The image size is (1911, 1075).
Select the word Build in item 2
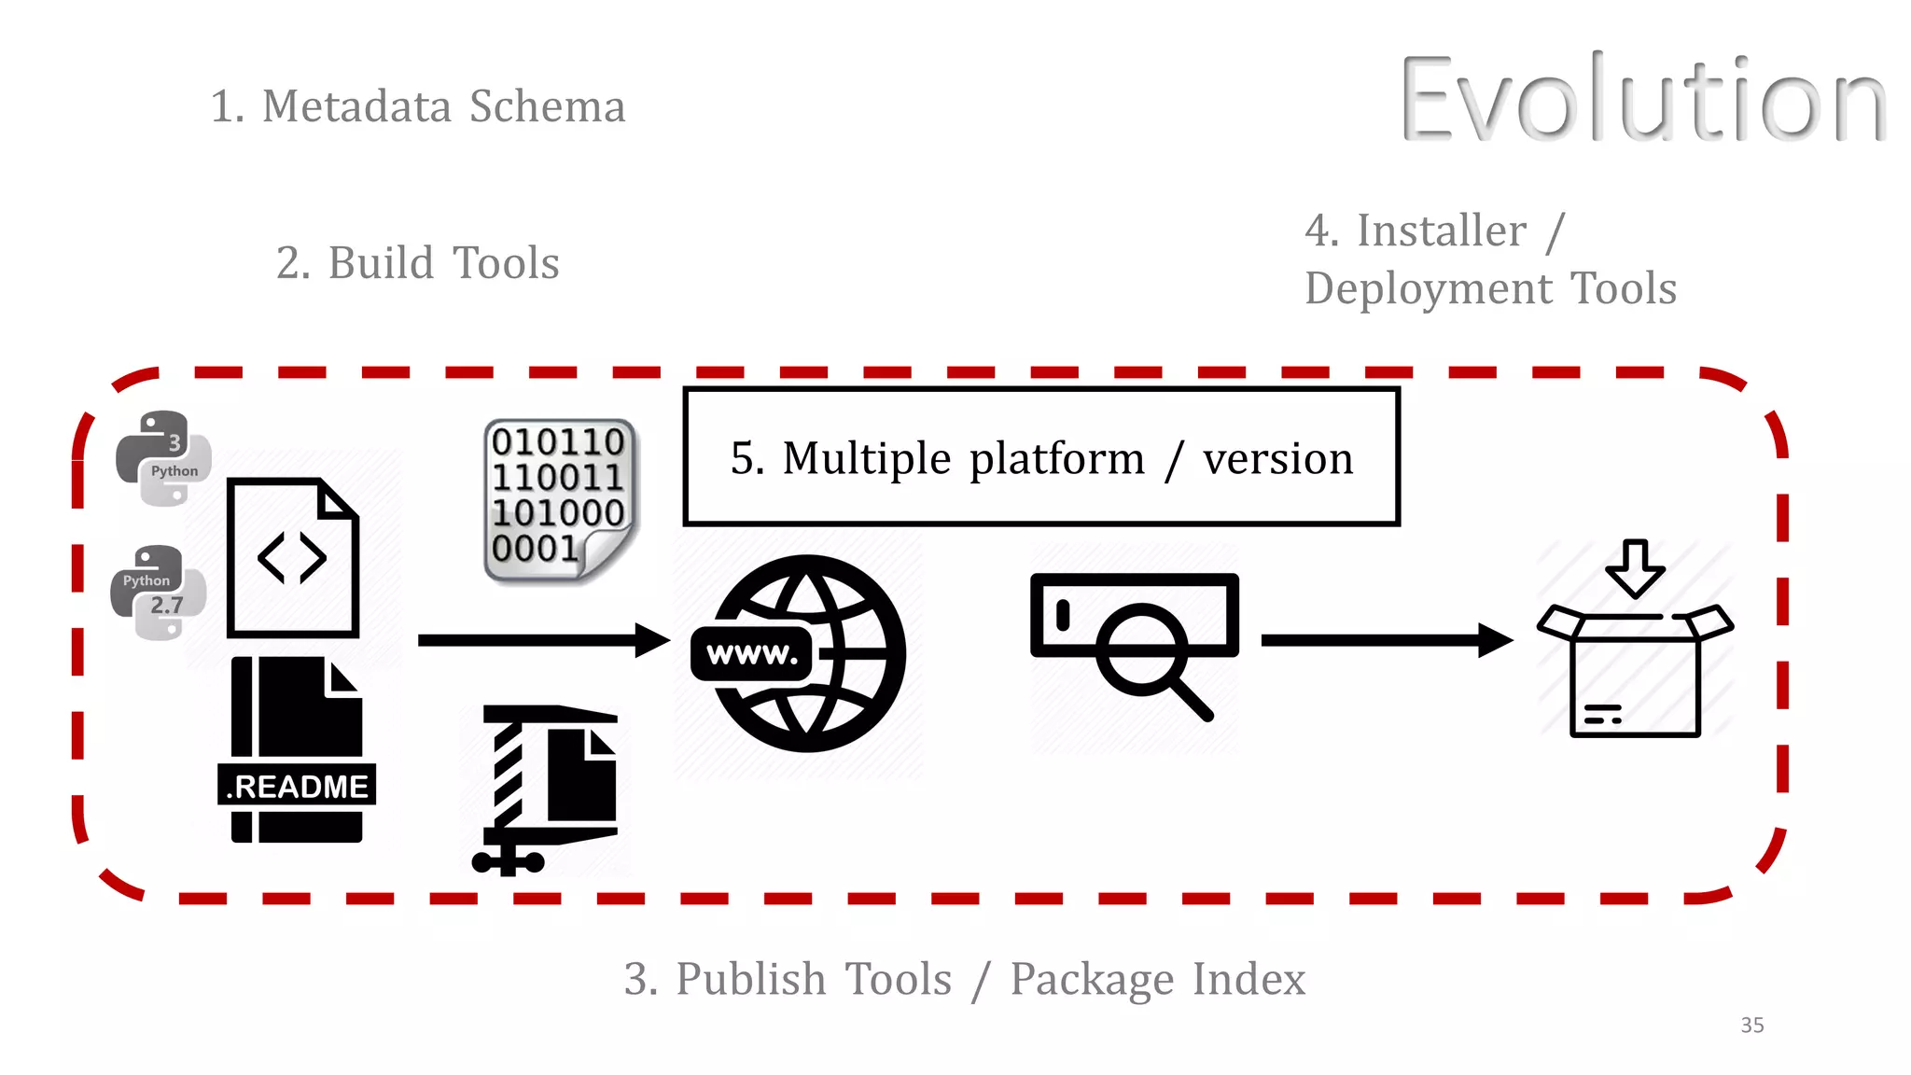click(x=381, y=263)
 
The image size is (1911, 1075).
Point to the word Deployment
click(x=1429, y=288)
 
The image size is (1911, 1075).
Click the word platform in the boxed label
click(x=1056, y=458)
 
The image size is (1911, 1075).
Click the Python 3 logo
click(x=163, y=458)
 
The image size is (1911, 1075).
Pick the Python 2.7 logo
click(x=157, y=593)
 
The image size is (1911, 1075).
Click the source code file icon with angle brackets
click(x=293, y=558)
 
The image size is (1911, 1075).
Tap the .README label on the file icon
click(x=297, y=786)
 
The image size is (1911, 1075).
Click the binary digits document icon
click(x=559, y=500)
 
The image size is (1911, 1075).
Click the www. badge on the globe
click(x=752, y=654)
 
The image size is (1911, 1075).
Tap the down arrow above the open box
click(x=1635, y=566)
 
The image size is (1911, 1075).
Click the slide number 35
click(x=1751, y=1026)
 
